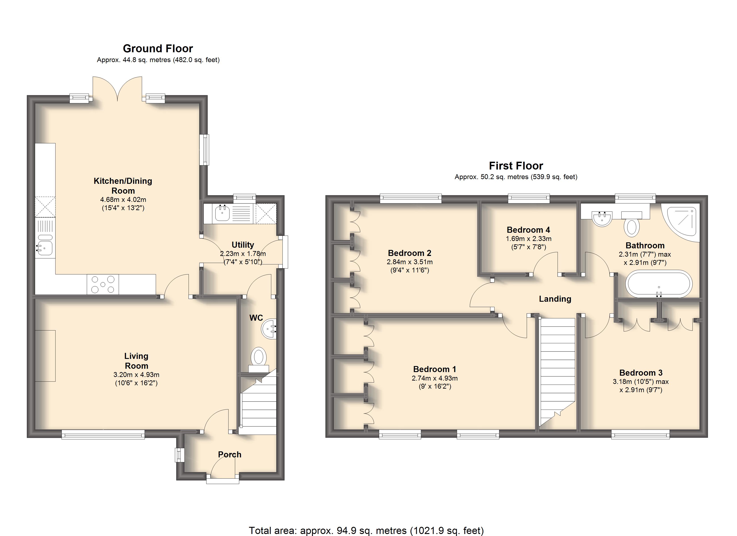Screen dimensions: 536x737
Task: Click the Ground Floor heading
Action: coord(158,48)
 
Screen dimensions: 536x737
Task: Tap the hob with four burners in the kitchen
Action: coord(103,284)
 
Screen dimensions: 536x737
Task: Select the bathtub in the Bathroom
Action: coord(659,284)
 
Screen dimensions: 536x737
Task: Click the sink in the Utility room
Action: coord(223,214)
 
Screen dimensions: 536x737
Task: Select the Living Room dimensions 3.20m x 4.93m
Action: coord(136,375)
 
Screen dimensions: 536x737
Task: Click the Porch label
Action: coord(229,454)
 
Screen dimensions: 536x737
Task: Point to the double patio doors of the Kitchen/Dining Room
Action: coord(117,88)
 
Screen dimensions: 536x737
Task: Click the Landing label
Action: coord(555,299)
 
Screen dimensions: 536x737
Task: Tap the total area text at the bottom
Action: coord(366,530)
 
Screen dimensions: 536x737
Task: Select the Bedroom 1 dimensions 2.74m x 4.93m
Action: coord(434,378)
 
